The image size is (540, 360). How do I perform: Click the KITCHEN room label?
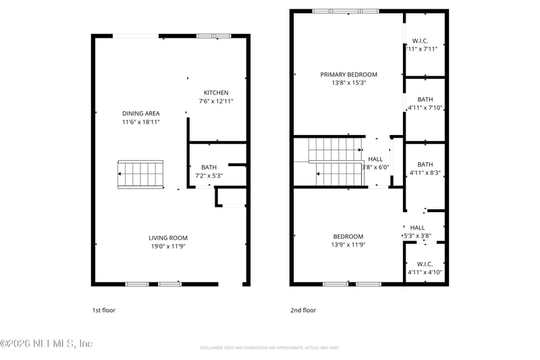pyautogui.click(x=216, y=93)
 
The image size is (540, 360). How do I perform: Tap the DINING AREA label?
pyautogui.click(x=140, y=113)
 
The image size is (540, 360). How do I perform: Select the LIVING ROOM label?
pyautogui.click(x=168, y=238)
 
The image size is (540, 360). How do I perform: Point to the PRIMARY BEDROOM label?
pyautogui.click(x=348, y=74)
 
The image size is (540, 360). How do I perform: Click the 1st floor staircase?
pyautogui.click(x=140, y=175)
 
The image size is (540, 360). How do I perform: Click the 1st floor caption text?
pyautogui.click(x=104, y=310)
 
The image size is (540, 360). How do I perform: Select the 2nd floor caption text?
pyautogui.click(x=302, y=310)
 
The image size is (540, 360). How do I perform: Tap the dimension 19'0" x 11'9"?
pyautogui.click(x=168, y=247)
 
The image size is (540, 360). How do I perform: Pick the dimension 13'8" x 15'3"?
pyautogui.click(x=348, y=83)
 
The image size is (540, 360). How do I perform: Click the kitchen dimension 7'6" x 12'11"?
pyautogui.click(x=216, y=101)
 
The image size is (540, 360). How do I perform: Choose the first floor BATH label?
pyautogui.click(x=209, y=167)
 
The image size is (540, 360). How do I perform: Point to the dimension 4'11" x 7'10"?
pyautogui.click(x=425, y=107)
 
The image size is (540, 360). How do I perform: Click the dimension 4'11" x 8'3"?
pyautogui.click(x=425, y=173)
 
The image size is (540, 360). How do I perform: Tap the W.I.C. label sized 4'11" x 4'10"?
pyautogui.click(x=425, y=263)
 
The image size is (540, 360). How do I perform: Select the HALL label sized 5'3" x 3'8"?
pyautogui.click(x=417, y=228)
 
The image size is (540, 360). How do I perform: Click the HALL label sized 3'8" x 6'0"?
pyautogui.click(x=375, y=159)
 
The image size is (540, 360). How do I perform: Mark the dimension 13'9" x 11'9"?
pyautogui.click(x=348, y=245)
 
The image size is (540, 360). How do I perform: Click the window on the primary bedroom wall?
pyautogui.click(x=346, y=11)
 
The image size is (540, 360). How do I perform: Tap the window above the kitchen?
pyautogui.click(x=213, y=35)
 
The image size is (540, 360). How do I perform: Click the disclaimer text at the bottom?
pyautogui.click(x=269, y=348)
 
